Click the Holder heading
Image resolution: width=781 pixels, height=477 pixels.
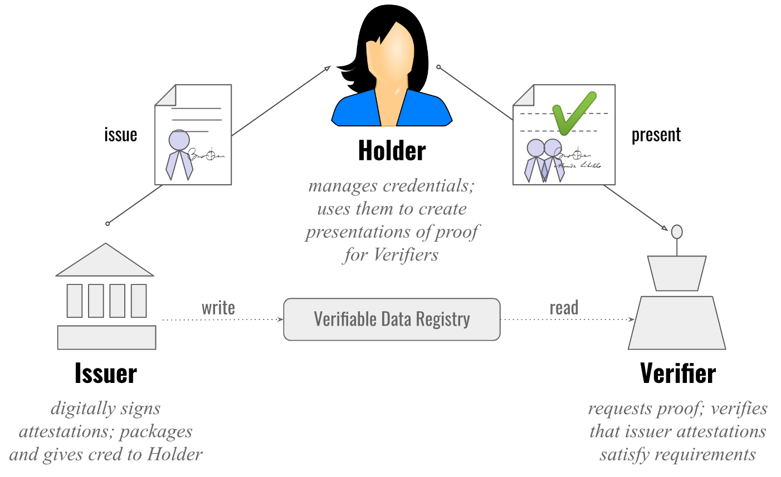tap(392, 151)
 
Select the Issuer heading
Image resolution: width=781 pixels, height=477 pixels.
tap(106, 373)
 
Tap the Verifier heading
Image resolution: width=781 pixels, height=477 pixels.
tap(677, 373)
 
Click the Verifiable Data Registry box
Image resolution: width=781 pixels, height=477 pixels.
tap(392, 319)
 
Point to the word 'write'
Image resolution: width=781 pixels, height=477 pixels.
tap(218, 308)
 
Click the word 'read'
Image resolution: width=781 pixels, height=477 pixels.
tap(564, 308)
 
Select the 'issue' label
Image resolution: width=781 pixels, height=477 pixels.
tap(120, 135)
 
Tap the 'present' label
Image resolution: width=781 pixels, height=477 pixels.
tap(656, 135)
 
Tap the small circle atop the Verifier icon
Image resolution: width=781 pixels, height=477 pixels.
tap(677, 231)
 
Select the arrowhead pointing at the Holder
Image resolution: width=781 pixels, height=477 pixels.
tap(328, 68)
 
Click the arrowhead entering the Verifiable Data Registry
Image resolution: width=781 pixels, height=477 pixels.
tap(280, 319)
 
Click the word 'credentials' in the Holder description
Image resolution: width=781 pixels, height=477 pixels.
tap(425, 185)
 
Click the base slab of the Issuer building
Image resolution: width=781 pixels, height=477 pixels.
tap(106, 338)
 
